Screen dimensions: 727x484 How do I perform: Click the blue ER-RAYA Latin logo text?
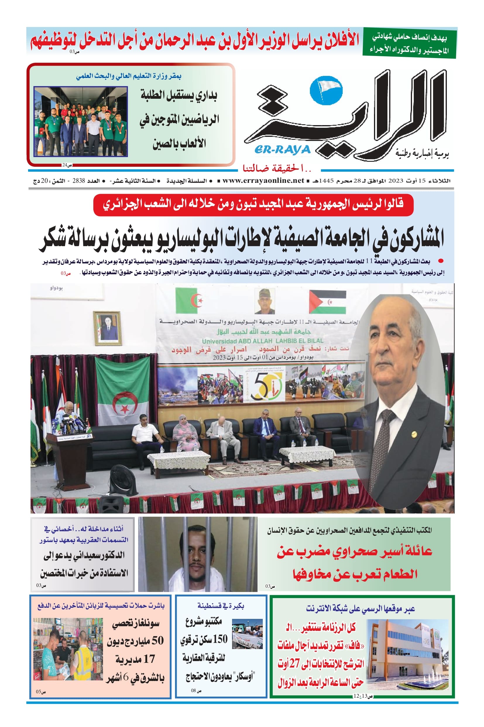(282, 150)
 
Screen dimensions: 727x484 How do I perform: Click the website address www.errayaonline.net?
(263, 181)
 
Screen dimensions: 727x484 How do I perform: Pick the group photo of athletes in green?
(80, 122)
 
